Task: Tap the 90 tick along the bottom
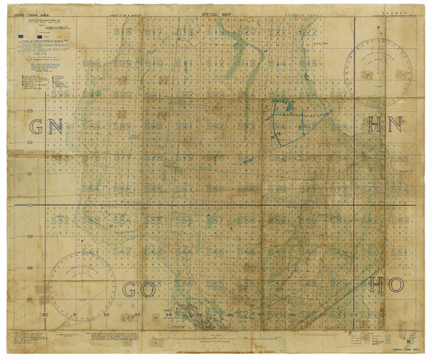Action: [45, 315]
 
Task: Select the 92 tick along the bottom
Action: [107, 315]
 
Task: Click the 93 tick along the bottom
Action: [138, 315]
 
